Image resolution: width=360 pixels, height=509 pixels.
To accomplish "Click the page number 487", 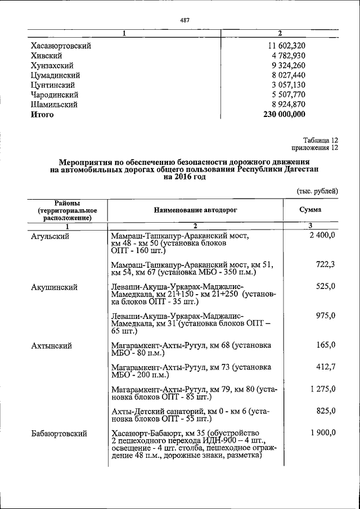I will click(x=184, y=21).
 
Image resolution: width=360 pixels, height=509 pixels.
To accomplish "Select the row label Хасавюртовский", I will click(x=61, y=45).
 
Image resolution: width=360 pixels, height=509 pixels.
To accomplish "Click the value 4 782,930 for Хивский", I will click(x=284, y=55).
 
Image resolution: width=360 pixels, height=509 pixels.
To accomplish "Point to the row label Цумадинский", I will click(x=55, y=75).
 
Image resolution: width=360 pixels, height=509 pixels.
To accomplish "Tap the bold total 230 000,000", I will click(x=284, y=114).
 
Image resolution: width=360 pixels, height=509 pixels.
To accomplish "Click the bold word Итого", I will click(x=42, y=114).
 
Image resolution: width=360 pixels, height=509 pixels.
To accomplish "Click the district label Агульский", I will click(x=50, y=236).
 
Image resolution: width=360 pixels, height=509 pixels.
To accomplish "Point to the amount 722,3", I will click(x=326, y=264).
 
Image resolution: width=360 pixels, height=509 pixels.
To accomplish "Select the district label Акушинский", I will click(x=54, y=287).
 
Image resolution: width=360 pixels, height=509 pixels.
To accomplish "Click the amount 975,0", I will click(x=326, y=316).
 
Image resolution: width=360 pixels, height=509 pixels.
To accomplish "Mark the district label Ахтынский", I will click(x=51, y=345).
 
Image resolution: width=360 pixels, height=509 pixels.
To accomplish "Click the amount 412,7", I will click(x=326, y=367).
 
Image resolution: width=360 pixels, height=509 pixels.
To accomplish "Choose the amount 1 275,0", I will click(x=322, y=389).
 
